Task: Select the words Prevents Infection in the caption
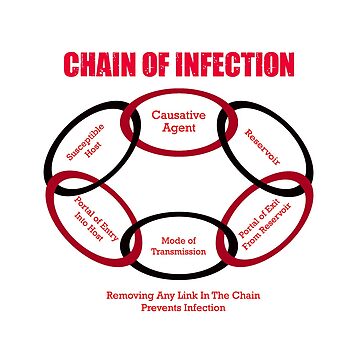click(179, 308)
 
